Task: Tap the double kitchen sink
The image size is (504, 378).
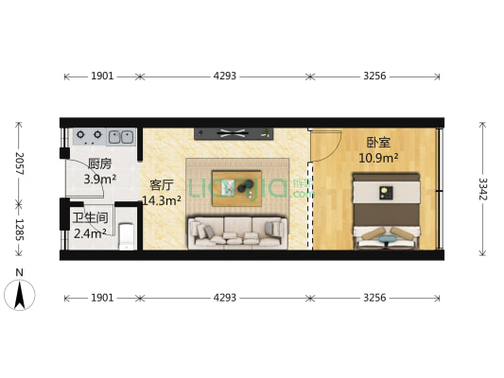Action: (x=120, y=135)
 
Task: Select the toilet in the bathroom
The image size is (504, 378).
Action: (x=127, y=237)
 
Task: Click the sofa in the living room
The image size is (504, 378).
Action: (x=236, y=231)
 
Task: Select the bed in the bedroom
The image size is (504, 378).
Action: (x=388, y=210)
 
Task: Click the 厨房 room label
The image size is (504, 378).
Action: (x=99, y=163)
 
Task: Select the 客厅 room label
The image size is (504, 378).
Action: (x=162, y=185)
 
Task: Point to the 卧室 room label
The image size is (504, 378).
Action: (x=379, y=143)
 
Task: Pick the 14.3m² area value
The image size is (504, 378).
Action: (x=162, y=200)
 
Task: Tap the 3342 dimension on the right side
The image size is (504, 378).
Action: (x=483, y=189)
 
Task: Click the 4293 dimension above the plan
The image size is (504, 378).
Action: (x=224, y=76)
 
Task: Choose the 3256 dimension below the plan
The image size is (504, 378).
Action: (x=374, y=298)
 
